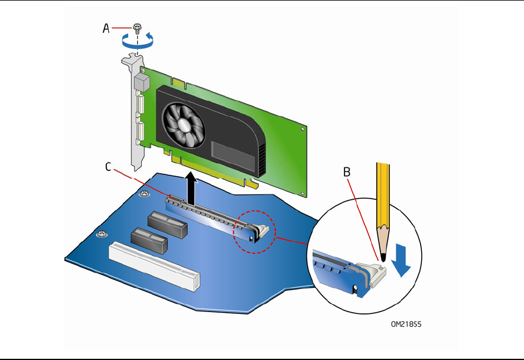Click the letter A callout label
(x=106, y=28)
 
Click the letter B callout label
(x=347, y=172)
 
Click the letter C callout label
(x=108, y=167)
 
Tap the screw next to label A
(x=136, y=27)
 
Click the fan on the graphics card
(x=184, y=125)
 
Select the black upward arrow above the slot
(x=191, y=189)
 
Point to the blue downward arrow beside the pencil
(x=401, y=260)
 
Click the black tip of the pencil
(x=383, y=257)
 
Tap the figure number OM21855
(x=406, y=324)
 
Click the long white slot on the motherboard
(x=154, y=266)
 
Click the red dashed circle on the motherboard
(x=254, y=232)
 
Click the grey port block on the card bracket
(x=141, y=82)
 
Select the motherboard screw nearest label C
(x=144, y=193)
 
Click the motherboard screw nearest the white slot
(x=102, y=233)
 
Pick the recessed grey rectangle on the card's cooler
(x=233, y=156)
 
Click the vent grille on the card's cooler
(x=262, y=160)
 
